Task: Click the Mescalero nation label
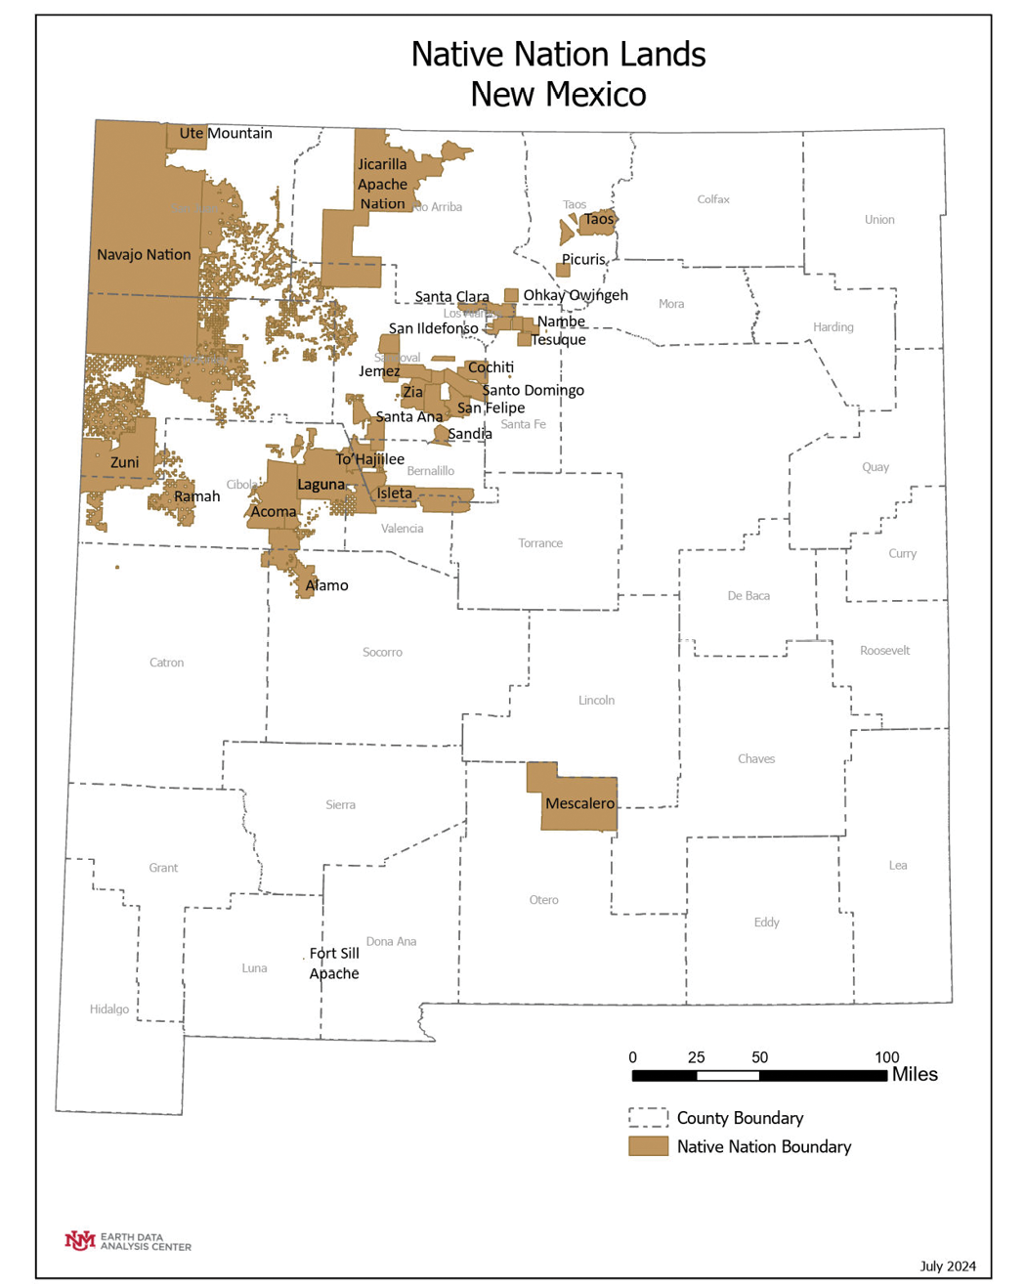coord(579,803)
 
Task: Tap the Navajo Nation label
coord(144,254)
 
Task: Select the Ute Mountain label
coord(226,133)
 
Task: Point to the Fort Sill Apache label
coord(334,963)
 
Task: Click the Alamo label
coord(326,585)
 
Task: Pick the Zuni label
coord(124,462)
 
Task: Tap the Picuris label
coord(583,259)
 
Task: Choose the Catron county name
coord(166,663)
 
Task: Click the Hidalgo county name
coord(109,1009)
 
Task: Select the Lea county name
coord(898,865)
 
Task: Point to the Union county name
coord(879,220)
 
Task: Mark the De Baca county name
coord(748,596)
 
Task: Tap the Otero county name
coord(544,900)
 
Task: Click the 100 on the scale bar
coord(886,1057)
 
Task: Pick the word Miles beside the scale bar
coord(915,1074)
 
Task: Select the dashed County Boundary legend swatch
coord(648,1118)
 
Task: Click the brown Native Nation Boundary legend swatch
coord(648,1146)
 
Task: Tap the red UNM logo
coord(79,1240)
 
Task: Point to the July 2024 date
coord(948,1266)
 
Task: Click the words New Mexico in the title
coord(558,95)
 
